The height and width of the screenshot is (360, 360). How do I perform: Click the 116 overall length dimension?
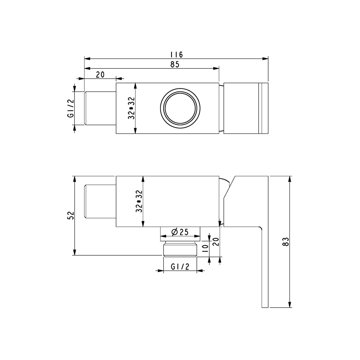pos(176,55)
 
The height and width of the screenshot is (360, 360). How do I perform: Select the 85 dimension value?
pos(175,64)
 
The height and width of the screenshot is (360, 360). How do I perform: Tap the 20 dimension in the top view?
pos(100,74)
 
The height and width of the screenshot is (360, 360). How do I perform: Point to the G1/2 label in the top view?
pos(70,108)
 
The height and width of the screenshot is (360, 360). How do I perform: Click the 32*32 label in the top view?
pos(131,108)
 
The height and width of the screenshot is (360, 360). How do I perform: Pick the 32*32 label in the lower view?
pos(139,201)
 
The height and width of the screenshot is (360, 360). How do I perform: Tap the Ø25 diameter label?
pos(180,232)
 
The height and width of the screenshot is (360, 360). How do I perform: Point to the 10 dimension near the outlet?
pos(205,248)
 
